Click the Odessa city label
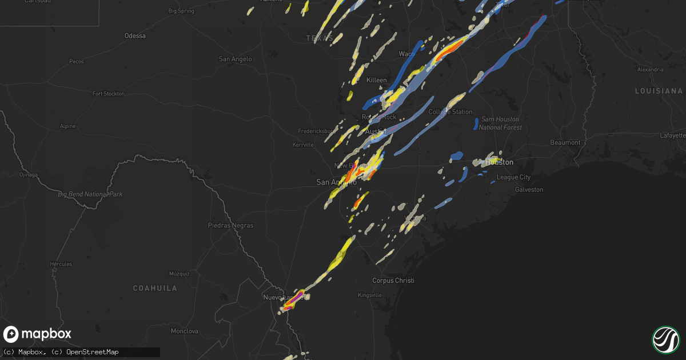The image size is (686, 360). pos(135,36)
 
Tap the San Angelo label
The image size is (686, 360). pos(236,59)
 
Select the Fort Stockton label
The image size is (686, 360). pos(109,94)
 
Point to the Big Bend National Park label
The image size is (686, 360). pos(90,194)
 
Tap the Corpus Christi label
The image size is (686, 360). pos(393,281)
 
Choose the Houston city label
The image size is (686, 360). pos(499,162)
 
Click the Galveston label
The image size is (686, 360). pos(529,189)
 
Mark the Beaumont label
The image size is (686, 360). pos(565,142)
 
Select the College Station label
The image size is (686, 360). pos(450,112)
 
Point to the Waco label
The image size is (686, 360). pos(406,54)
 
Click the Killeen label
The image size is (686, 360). pos(376,80)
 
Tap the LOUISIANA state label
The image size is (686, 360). pos(659,91)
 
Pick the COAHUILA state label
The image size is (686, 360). pos(155,288)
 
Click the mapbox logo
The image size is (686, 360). pos(38,334)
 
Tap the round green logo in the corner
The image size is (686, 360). pos(665,339)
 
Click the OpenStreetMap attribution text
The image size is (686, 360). pos(92,352)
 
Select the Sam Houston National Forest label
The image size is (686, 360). pos(500,123)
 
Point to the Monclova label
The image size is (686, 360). pos(184,331)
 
